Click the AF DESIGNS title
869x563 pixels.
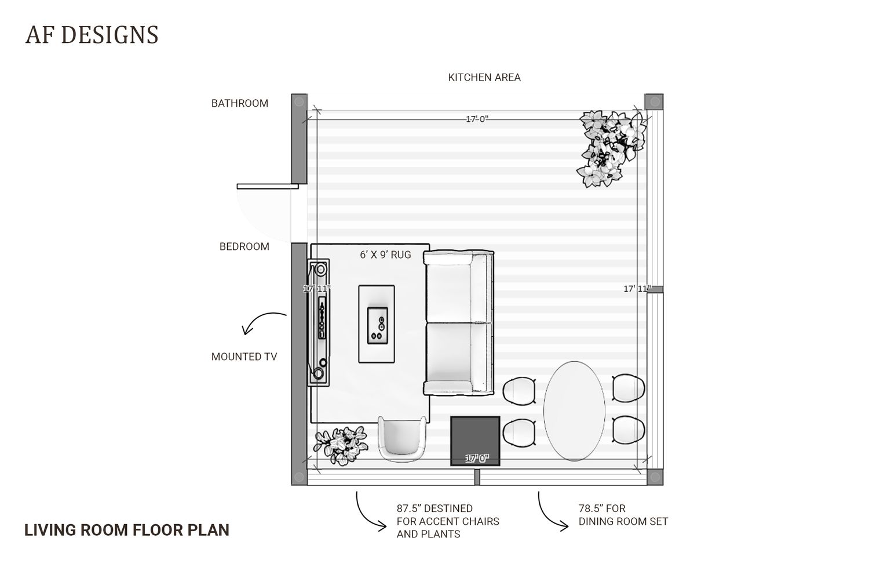92,35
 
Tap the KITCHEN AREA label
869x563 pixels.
484,78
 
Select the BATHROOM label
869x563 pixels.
240,103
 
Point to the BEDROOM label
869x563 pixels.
244,246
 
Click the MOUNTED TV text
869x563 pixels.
244,357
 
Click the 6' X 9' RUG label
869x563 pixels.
385,255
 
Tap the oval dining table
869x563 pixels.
574,411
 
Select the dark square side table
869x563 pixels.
475,441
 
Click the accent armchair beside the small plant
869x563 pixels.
402,439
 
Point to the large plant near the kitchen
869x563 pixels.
611,148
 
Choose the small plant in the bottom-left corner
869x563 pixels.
341,445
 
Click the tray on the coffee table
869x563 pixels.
378,325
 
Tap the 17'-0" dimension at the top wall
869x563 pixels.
477,119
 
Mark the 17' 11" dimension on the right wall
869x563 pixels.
637,289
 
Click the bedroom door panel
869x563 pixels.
268,186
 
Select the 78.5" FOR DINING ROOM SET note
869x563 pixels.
623,515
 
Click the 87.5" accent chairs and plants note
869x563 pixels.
448,521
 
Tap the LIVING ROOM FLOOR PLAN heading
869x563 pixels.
127,530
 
